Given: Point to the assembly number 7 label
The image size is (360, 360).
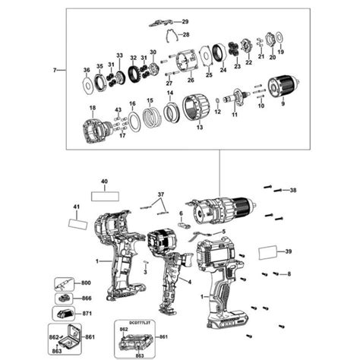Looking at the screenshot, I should point(54,70).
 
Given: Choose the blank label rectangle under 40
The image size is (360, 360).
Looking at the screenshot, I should point(105,195).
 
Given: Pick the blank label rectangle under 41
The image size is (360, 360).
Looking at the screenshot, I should point(78,223).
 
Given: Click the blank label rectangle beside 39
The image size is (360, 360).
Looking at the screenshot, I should point(271,252).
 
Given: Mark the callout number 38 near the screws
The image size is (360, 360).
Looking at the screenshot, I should point(293,190).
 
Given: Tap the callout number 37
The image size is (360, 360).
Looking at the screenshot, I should point(160,195).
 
